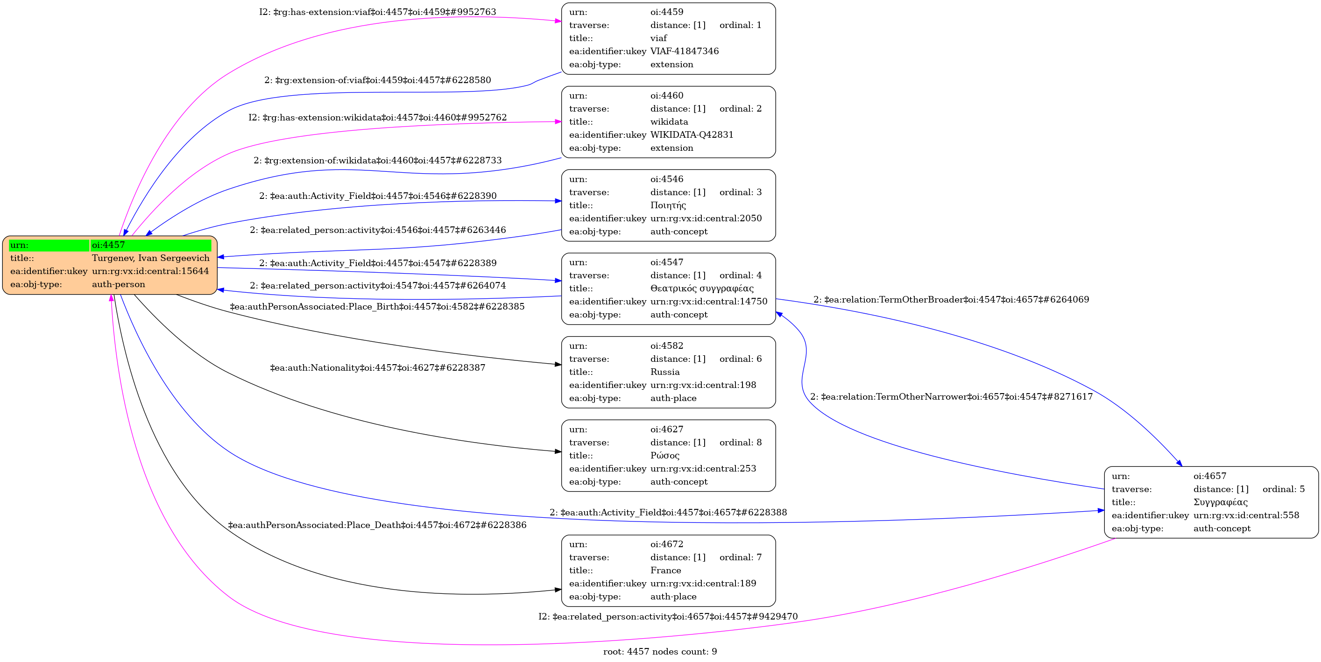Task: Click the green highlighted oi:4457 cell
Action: [x=150, y=245]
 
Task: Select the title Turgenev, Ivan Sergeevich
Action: [x=150, y=258]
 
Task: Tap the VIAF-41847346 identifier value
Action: [x=684, y=51]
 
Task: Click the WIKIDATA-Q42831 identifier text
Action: [x=691, y=135]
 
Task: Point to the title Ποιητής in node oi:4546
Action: [x=668, y=205]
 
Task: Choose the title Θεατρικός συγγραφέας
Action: [x=701, y=288]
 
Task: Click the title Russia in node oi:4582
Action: [x=664, y=372]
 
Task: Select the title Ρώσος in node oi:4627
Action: [x=664, y=455]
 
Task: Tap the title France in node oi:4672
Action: [x=665, y=570]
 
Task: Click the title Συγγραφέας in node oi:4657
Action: [x=1220, y=502]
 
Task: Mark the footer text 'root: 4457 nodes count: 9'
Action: [x=659, y=652]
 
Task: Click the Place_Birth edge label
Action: [x=377, y=307]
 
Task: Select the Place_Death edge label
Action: [x=377, y=525]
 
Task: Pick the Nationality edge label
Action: [x=377, y=368]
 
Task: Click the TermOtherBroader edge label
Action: [x=951, y=299]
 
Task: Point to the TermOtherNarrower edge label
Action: [x=951, y=396]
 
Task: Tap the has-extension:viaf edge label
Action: [x=377, y=12]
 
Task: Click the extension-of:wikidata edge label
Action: [x=377, y=161]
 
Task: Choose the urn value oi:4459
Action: [x=666, y=12]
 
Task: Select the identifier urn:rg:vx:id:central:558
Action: [x=1246, y=515]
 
